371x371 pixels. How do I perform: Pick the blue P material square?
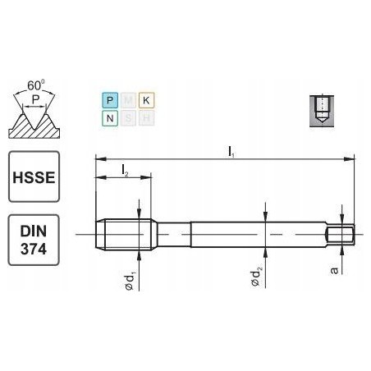click(x=108, y=99)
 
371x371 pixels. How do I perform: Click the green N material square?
click(x=108, y=117)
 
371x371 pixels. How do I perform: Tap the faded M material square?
click(x=126, y=99)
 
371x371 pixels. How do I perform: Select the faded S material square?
click(x=126, y=117)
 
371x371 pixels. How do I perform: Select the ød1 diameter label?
click(x=130, y=282)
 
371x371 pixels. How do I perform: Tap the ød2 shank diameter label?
click(x=255, y=282)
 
